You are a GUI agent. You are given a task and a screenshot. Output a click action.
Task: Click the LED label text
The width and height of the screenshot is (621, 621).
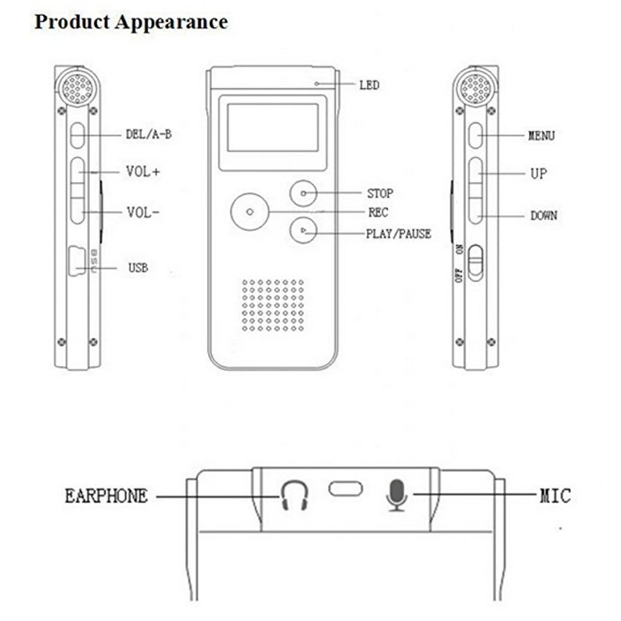coord(369,85)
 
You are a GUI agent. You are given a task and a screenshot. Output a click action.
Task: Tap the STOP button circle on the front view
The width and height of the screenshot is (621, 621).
coord(303,194)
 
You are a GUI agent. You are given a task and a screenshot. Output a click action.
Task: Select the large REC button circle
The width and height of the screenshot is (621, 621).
coord(250,212)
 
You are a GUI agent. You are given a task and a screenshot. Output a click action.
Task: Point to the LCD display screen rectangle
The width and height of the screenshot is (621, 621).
coord(273,128)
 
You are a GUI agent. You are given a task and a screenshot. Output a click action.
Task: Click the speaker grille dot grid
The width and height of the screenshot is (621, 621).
coord(273,305)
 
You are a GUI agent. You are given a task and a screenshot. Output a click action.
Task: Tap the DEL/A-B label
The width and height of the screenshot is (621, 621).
coord(149,134)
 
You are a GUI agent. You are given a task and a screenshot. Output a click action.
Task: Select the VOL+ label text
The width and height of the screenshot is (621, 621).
coord(143,172)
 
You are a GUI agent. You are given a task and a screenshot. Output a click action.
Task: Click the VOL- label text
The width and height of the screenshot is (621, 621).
coord(143,213)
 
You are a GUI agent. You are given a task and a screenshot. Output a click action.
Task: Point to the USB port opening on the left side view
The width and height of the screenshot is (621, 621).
coord(77,261)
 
